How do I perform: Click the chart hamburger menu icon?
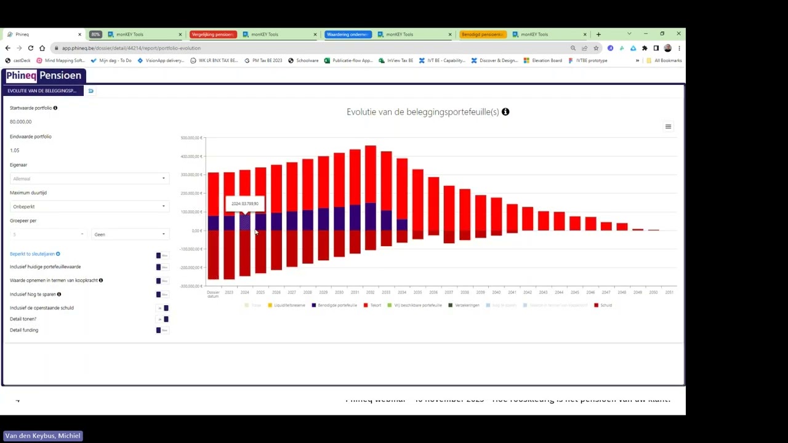tap(668, 127)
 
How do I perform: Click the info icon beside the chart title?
tap(505, 112)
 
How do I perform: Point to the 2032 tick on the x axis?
tap(370, 292)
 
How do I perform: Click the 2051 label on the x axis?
tap(669, 292)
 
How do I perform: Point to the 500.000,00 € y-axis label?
tap(191, 138)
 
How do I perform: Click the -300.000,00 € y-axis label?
tap(191, 286)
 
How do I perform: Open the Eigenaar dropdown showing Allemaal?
tap(89, 178)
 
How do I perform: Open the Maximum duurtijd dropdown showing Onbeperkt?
tap(89, 207)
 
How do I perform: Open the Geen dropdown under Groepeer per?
tap(129, 234)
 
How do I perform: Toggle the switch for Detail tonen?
tap(163, 319)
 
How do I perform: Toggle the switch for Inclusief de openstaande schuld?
tap(163, 308)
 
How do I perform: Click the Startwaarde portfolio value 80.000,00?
tap(21, 122)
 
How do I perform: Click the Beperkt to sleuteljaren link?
tap(32, 254)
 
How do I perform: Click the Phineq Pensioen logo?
tap(44, 76)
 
